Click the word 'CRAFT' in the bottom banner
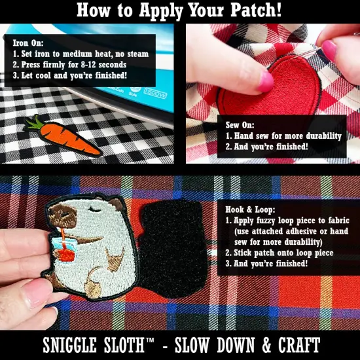(297, 344)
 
